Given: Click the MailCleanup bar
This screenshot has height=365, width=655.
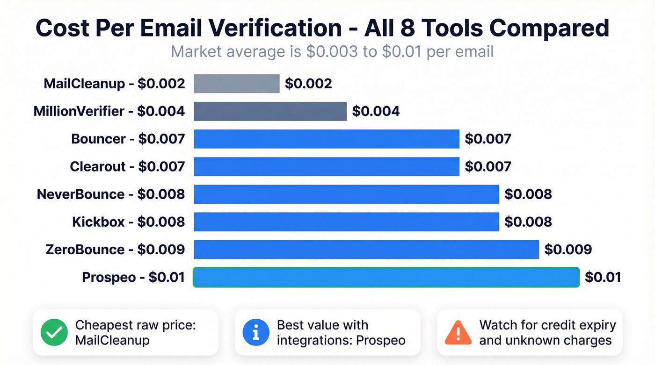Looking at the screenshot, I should point(236,84).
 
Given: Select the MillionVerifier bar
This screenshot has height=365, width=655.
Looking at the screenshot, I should point(270,111).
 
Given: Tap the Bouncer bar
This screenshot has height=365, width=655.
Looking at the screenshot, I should point(327,139).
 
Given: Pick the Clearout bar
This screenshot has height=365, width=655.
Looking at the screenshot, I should point(327,166).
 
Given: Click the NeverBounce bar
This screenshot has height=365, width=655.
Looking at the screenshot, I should point(346,194).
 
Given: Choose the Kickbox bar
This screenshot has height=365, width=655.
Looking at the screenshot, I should point(346,222).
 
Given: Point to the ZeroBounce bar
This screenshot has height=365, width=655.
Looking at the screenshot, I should point(366,249).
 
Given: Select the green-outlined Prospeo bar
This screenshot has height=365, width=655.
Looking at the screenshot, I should point(386,277).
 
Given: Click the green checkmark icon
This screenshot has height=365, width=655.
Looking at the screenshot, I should point(54,332).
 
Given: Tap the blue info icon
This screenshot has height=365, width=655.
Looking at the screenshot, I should point(256,332).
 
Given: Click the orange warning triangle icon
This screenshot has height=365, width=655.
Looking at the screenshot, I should point(458,332).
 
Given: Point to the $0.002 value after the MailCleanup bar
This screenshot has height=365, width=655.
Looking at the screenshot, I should point(308,84).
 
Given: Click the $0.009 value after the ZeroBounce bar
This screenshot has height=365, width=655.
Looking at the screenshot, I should point(568,250).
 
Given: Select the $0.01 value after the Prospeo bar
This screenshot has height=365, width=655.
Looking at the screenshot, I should point(603,277).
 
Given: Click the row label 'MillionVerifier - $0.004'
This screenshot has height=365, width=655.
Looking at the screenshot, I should point(109,111).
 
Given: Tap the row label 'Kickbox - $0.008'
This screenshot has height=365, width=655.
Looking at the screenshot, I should point(128,222).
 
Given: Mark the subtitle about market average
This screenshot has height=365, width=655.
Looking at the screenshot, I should point(332,51).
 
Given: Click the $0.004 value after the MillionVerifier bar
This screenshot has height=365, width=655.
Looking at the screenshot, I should point(376,111).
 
